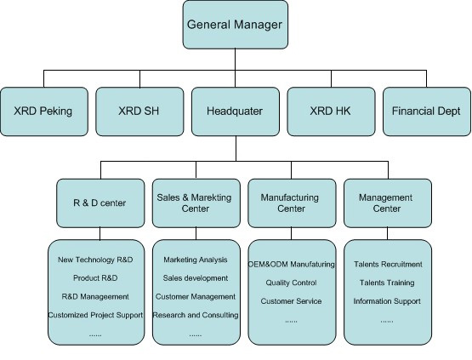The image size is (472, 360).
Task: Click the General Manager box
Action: click(x=235, y=25)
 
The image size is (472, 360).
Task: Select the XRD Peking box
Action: click(x=44, y=111)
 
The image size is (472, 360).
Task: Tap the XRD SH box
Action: click(x=139, y=111)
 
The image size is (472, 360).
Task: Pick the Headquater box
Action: click(x=236, y=111)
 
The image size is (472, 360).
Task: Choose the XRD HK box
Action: click(x=331, y=111)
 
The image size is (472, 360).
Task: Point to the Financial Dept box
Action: click(x=427, y=111)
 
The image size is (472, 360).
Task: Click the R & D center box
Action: click(x=100, y=203)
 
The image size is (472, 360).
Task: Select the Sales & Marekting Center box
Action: click(x=196, y=203)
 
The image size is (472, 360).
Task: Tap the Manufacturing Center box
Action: click(x=292, y=203)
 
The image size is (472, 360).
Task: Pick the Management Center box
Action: click(x=388, y=203)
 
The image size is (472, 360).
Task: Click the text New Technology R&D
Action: click(x=95, y=260)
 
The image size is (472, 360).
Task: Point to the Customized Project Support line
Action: click(x=95, y=315)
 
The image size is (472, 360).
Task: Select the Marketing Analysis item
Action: click(x=196, y=260)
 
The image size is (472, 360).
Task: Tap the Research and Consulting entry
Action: click(x=196, y=315)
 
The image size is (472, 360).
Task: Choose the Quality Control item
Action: click(x=291, y=283)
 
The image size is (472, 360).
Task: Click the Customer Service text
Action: click(x=291, y=301)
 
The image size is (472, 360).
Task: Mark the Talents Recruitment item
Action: click(x=388, y=265)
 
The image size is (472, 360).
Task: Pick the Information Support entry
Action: click(x=387, y=301)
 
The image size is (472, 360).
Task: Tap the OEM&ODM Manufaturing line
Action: click(x=292, y=265)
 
